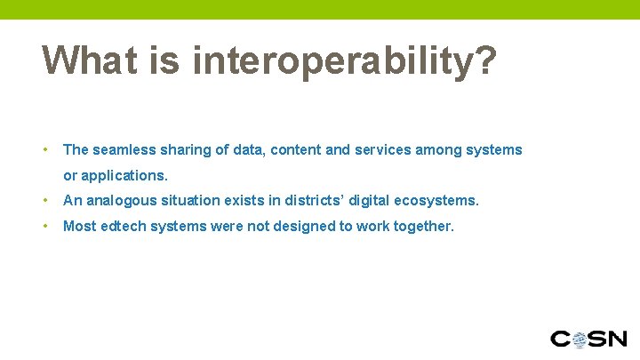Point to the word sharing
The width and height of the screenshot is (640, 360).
coord(183,150)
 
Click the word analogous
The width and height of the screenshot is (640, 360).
coord(116,201)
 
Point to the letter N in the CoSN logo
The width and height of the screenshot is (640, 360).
coord(615,339)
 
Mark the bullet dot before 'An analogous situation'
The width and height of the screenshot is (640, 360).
coord(46,201)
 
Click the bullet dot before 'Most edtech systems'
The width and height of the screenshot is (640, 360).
coord(46,227)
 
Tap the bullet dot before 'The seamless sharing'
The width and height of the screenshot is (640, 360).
coord(46,150)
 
